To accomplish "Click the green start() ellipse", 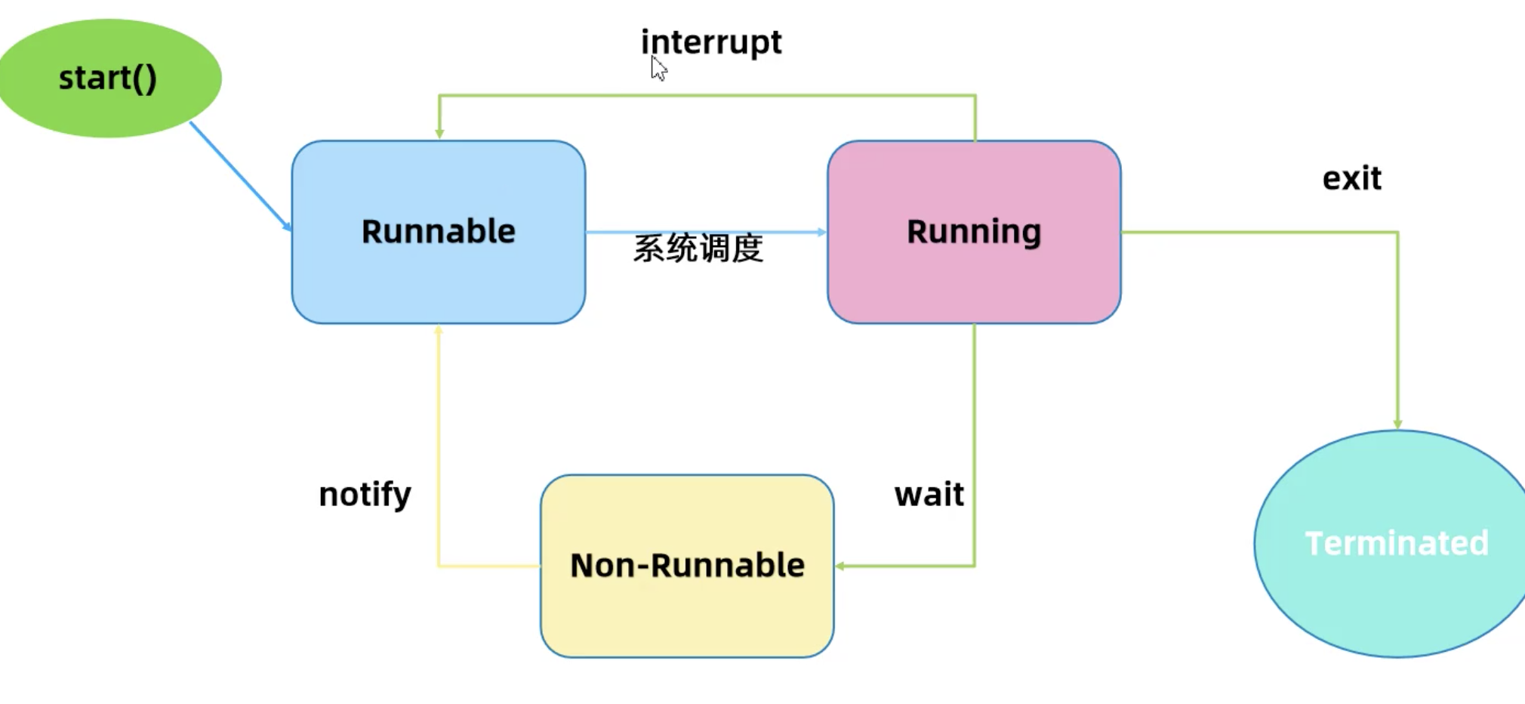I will (x=109, y=78).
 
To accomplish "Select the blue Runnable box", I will (x=438, y=232).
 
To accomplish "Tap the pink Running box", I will (x=974, y=232).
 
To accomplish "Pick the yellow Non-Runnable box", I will (x=687, y=566).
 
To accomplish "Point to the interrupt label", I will (x=711, y=42).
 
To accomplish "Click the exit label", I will (x=1351, y=179).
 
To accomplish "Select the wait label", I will (x=929, y=495).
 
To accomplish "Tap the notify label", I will (x=365, y=495).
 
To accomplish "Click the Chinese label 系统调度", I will (x=698, y=249).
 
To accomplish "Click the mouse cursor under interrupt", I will (x=658, y=69).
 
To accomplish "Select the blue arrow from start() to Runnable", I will (x=240, y=176).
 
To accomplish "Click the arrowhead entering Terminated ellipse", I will (x=1397, y=424).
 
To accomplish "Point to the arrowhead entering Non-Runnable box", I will (x=840, y=566).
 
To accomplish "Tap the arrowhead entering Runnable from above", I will (x=439, y=134).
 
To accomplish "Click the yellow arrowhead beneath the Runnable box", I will (x=439, y=330).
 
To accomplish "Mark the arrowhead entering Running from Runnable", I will (x=821, y=232).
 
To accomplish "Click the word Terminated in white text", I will (x=1397, y=544).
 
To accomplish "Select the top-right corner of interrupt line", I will (x=975, y=95).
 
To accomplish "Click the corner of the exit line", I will (x=1397, y=232).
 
